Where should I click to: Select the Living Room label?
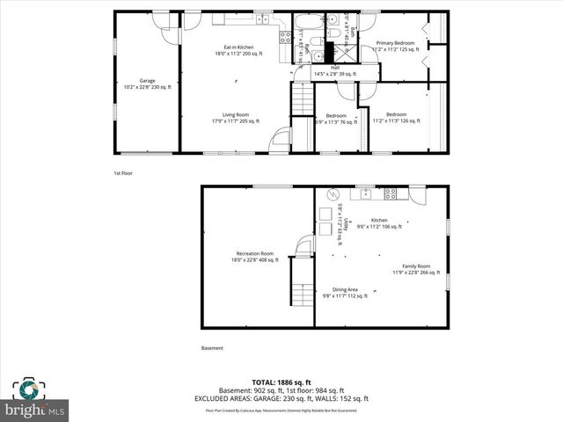pyautogui.click(x=235, y=114)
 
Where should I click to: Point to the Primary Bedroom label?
pyautogui.click(x=394, y=43)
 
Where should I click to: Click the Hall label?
pyautogui.click(x=335, y=66)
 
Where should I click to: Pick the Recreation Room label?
pyautogui.click(x=254, y=253)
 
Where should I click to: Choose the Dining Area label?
pyautogui.click(x=345, y=289)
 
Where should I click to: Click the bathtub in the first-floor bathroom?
pyautogui.click(x=307, y=23)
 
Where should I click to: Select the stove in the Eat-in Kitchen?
pyautogui.click(x=286, y=36)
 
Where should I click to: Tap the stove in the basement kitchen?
pyautogui.click(x=390, y=194)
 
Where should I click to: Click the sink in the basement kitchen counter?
pyautogui.click(x=364, y=193)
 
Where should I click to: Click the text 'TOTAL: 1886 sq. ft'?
pyautogui.click(x=281, y=382)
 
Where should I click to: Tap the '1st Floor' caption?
pyautogui.click(x=123, y=173)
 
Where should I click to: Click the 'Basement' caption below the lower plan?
pyautogui.click(x=212, y=348)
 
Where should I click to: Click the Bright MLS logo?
pyautogui.click(x=35, y=399)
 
